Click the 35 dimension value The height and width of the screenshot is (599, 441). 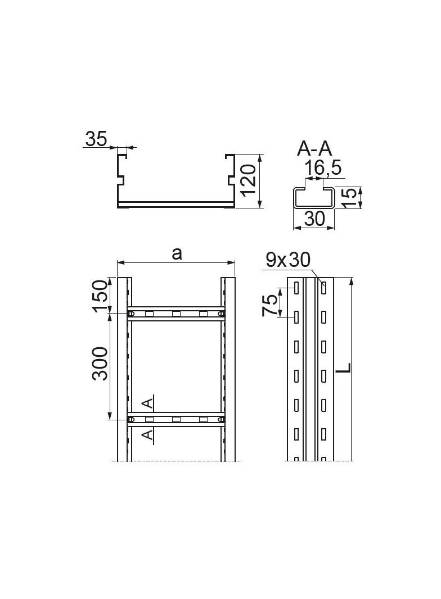click(96, 139)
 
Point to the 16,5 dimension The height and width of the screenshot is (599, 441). click(322, 167)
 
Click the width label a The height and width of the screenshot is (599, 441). click(177, 254)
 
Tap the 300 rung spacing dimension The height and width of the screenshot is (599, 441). click(101, 364)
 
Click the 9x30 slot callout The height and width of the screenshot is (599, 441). click(289, 260)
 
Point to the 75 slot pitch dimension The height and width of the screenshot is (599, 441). click(271, 304)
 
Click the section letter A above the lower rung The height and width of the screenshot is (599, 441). click(147, 402)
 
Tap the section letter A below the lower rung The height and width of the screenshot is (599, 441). click(147, 435)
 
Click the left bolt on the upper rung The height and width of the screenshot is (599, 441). click(131, 314)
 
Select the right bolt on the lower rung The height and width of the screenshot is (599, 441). click(222, 419)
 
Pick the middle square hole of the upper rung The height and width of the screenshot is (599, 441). click(176, 314)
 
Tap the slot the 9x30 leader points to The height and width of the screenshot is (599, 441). click(324, 288)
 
